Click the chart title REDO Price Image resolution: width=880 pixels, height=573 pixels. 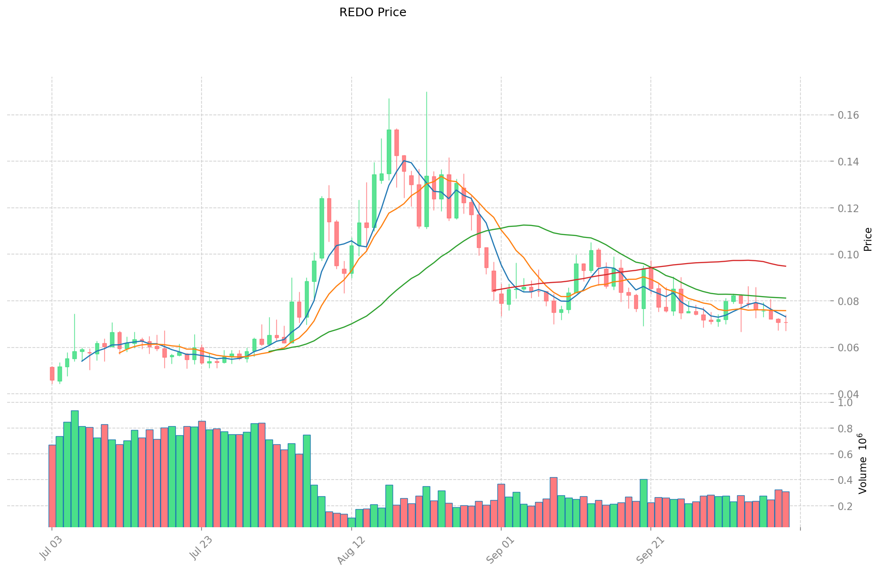373,12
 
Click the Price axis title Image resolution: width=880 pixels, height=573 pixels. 868,239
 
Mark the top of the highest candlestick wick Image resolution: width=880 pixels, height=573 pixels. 426,92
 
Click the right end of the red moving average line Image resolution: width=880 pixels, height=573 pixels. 786,266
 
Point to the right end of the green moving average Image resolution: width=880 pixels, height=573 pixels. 786,298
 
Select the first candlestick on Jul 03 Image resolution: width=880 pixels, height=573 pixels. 52,373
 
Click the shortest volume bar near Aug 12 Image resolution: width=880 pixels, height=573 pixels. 352,522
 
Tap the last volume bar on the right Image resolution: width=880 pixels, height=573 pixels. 786,509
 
